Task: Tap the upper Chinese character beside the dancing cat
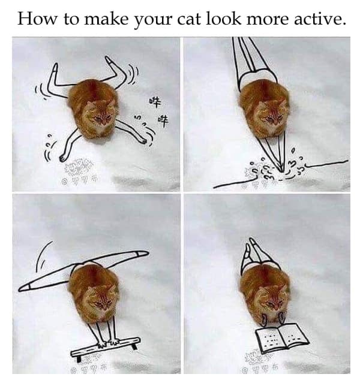[154, 102]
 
